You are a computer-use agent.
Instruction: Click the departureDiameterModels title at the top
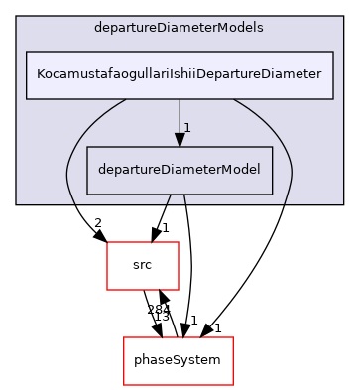click(x=179, y=28)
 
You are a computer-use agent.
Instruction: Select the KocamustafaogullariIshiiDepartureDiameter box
click(x=179, y=75)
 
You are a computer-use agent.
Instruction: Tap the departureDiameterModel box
click(x=180, y=170)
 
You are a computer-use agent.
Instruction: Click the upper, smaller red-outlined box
click(x=143, y=266)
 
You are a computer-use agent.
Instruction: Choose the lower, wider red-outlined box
click(x=178, y=361)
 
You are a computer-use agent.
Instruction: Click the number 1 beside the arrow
click(x=186, y=128)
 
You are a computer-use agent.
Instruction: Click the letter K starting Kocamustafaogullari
click(x=40, y=75)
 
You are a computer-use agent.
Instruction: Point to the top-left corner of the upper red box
click(x=107, y=242)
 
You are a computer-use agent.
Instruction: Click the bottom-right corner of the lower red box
click(x=232, y=385)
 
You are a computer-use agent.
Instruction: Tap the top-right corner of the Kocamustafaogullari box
click(x=332, y=52)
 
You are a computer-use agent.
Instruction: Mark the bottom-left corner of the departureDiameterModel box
click(x=87, y=194)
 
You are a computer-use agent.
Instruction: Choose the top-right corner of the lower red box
click(x=232, y=337)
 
